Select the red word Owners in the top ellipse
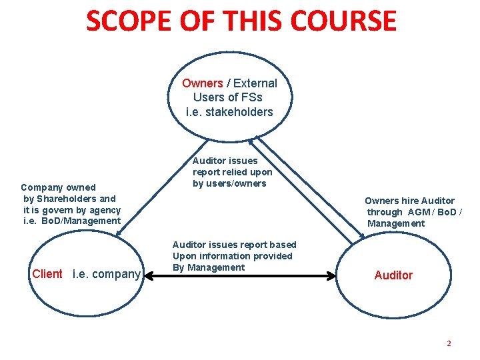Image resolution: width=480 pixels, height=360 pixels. pos(202,83)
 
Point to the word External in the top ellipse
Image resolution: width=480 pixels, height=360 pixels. pos(255,83)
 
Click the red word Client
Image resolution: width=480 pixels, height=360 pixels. pos(47,274)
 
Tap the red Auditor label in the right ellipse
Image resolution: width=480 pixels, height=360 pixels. pos(393,275)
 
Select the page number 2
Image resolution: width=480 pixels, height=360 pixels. pos(449,343)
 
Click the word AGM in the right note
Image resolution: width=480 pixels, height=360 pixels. pos(419,212)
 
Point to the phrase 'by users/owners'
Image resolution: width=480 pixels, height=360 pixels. pos(229,183)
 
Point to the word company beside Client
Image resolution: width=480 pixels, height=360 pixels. pos(115,274)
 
